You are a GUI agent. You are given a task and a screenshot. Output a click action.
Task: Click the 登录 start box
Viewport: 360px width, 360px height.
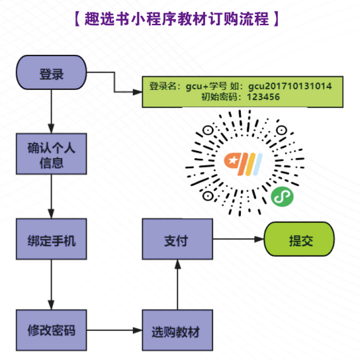[52, 73]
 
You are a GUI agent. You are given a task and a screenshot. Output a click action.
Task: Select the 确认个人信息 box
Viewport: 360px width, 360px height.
[52, 154]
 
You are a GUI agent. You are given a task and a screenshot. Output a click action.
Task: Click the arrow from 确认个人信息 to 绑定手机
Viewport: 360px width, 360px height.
[52, 197]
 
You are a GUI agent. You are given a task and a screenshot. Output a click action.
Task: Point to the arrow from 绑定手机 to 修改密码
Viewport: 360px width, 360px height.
[52, 285]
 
